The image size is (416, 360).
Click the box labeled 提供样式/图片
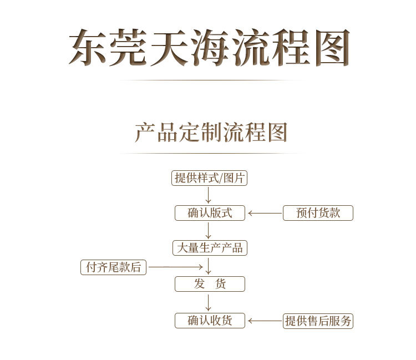(210, 178)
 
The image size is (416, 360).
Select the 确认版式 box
(210, 213)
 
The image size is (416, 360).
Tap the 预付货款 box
(318, 213)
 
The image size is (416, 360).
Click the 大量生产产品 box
(210, 247)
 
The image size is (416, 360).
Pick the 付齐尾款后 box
(113, 267)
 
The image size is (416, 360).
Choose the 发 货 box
(210, 284)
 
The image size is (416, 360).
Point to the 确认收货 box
(210, 321)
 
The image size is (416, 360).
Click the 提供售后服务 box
(318, 321)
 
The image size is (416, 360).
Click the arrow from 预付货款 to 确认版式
(265, 213)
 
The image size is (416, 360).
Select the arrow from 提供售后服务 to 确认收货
(265, 321)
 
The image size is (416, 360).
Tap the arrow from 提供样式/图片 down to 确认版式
(209, 195)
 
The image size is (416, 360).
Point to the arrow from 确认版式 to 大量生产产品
(209, 230)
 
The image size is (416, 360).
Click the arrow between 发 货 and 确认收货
(209, 302)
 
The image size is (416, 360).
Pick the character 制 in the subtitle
(210, 133)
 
